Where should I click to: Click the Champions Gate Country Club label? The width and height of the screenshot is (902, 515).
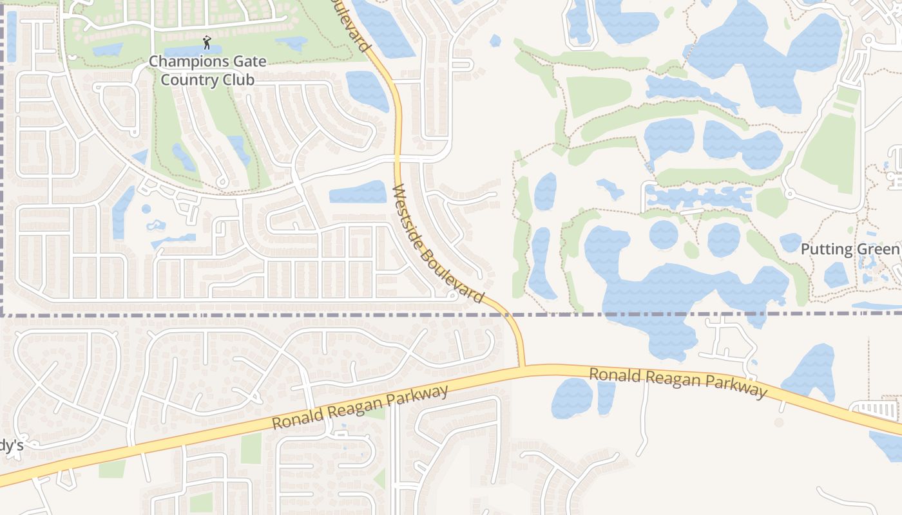click(x=207, y=71)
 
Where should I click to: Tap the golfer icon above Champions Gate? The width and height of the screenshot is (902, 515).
click(x=206, y=43)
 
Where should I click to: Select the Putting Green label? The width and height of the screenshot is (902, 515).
click(x=849, y=249)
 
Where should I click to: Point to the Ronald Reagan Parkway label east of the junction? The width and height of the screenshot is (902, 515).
click(x=678, y=382)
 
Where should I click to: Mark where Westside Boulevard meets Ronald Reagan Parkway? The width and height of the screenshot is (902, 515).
click(x=522, y=366)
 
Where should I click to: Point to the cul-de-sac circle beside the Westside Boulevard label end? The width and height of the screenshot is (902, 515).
click(x=452, y=295)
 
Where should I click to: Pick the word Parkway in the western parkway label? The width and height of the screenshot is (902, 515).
click(x=417, y=397)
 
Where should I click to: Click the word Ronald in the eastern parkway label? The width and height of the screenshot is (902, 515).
click(x=617, y=375)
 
